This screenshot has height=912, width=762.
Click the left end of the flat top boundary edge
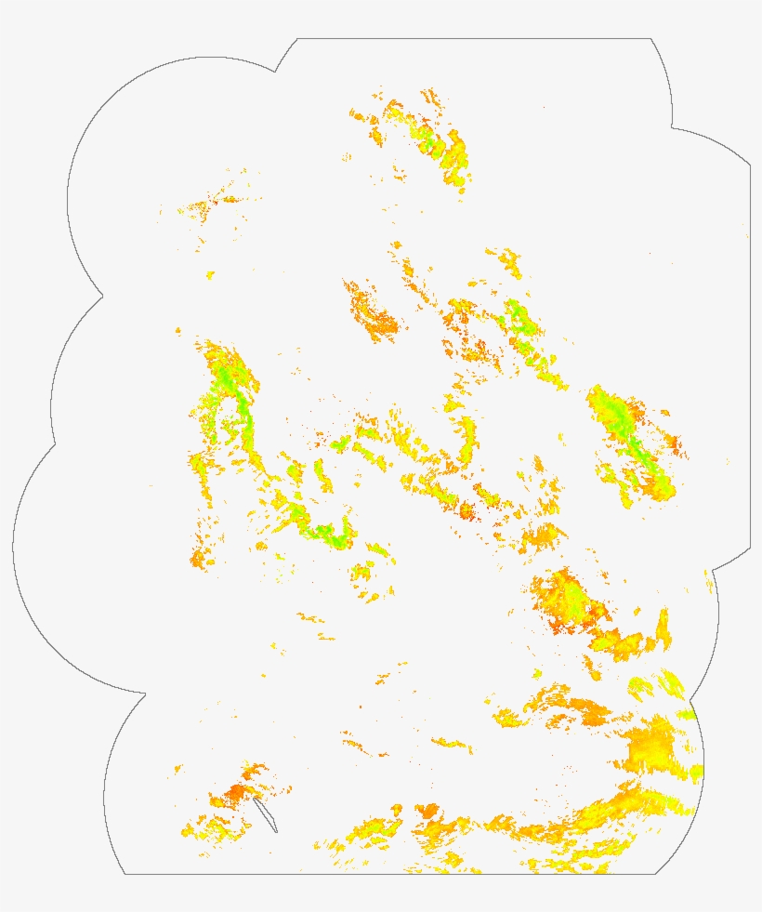pyautogui.click(x=297, y=39)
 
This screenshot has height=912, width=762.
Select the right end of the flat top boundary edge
pyautogui.click(x=650, y=39)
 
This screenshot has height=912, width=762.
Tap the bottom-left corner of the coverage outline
pyautogui.click(x=125, y=874)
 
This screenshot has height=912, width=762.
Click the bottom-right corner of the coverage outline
pyautogui.click(x=656, y=874)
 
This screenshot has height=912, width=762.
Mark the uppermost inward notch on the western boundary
pyautogui.click(x=102, y=297)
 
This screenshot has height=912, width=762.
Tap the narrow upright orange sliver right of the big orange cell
pyautogui.click(x=663, y=629)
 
